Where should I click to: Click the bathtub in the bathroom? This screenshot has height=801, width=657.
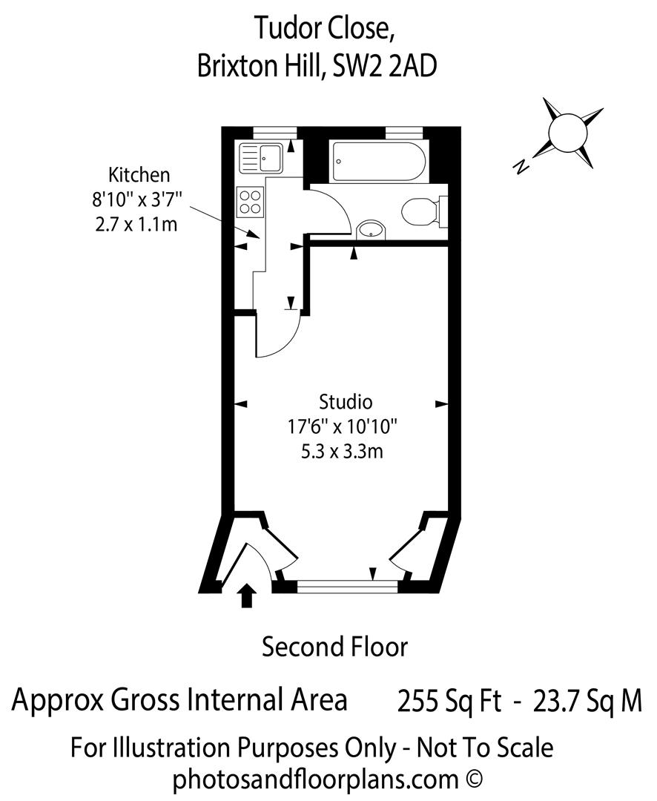click(x=379, y=161)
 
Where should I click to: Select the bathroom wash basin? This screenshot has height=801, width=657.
click(x=370, y=231)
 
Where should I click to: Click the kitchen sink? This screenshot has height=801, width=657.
click(x=260, y=157)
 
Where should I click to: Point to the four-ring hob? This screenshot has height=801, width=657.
click(x=251, y=201)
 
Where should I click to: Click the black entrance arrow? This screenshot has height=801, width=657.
click(x=248, y=595)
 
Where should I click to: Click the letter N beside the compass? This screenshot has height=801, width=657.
click(x=522, y=167)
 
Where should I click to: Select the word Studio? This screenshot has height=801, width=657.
click(x=345, y=403)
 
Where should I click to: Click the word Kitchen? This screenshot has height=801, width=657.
click(x=139, y=176)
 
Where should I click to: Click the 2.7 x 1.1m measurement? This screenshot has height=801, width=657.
click(x=136, y=224)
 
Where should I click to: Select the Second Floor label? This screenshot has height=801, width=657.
click(x=334, y=647)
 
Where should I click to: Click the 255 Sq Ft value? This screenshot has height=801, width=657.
click(x=449, y=701)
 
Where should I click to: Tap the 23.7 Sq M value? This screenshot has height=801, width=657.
click(x=587, y=701)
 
